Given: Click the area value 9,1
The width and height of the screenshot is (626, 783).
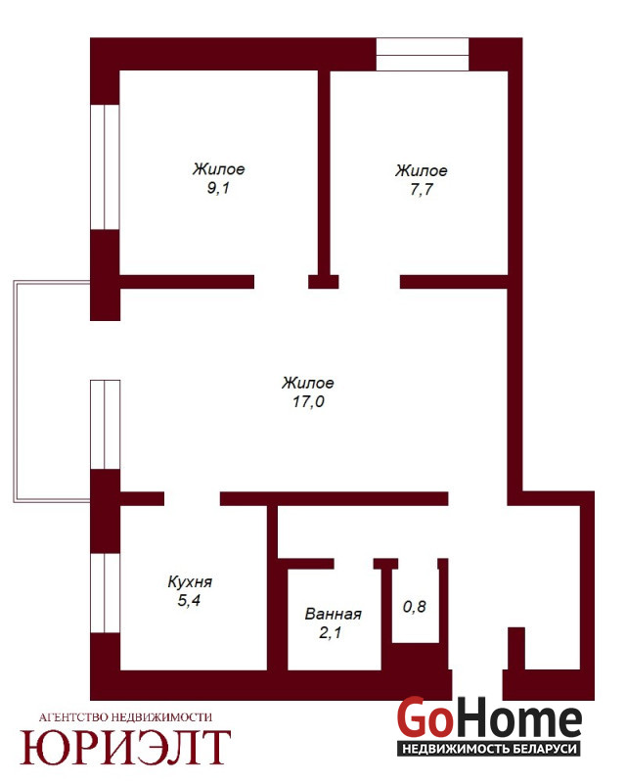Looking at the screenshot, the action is (218, 189).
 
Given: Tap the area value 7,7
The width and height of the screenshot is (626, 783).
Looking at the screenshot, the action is (421, 190).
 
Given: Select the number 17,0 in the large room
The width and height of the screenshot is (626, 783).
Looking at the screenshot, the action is (308, 401).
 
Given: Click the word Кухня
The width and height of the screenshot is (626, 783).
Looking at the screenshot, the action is (190, 581).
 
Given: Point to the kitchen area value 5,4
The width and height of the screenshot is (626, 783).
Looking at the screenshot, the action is (189, 600).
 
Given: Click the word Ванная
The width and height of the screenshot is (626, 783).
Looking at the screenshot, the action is (333, 614).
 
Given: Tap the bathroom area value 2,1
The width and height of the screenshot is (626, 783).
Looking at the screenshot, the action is (330, 632).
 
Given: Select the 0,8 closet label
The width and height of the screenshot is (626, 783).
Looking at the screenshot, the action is (415, 606).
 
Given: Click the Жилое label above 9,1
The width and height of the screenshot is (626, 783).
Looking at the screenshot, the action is (219, 168).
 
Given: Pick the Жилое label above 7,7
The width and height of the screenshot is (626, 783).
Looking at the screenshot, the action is (422, 170).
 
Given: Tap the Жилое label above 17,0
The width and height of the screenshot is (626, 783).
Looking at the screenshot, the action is (308, 383).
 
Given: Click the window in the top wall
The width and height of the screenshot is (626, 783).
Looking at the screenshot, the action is (423, 54).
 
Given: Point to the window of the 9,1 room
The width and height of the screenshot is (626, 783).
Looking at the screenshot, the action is (105, 167).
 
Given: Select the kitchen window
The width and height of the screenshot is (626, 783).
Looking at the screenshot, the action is (105, 593).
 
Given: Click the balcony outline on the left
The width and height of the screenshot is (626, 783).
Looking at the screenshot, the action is (15, 391).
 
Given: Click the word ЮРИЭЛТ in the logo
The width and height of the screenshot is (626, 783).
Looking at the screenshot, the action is (125, 747).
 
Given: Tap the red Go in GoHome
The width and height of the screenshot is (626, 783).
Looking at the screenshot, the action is (425, 717).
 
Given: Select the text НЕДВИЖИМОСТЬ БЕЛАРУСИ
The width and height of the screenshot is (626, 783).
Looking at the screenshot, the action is (489, 749).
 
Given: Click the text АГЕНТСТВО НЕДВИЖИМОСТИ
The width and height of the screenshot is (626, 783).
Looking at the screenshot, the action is (125, 717).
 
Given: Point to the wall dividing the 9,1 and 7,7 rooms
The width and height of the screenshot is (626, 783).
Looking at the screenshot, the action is (324, 172).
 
